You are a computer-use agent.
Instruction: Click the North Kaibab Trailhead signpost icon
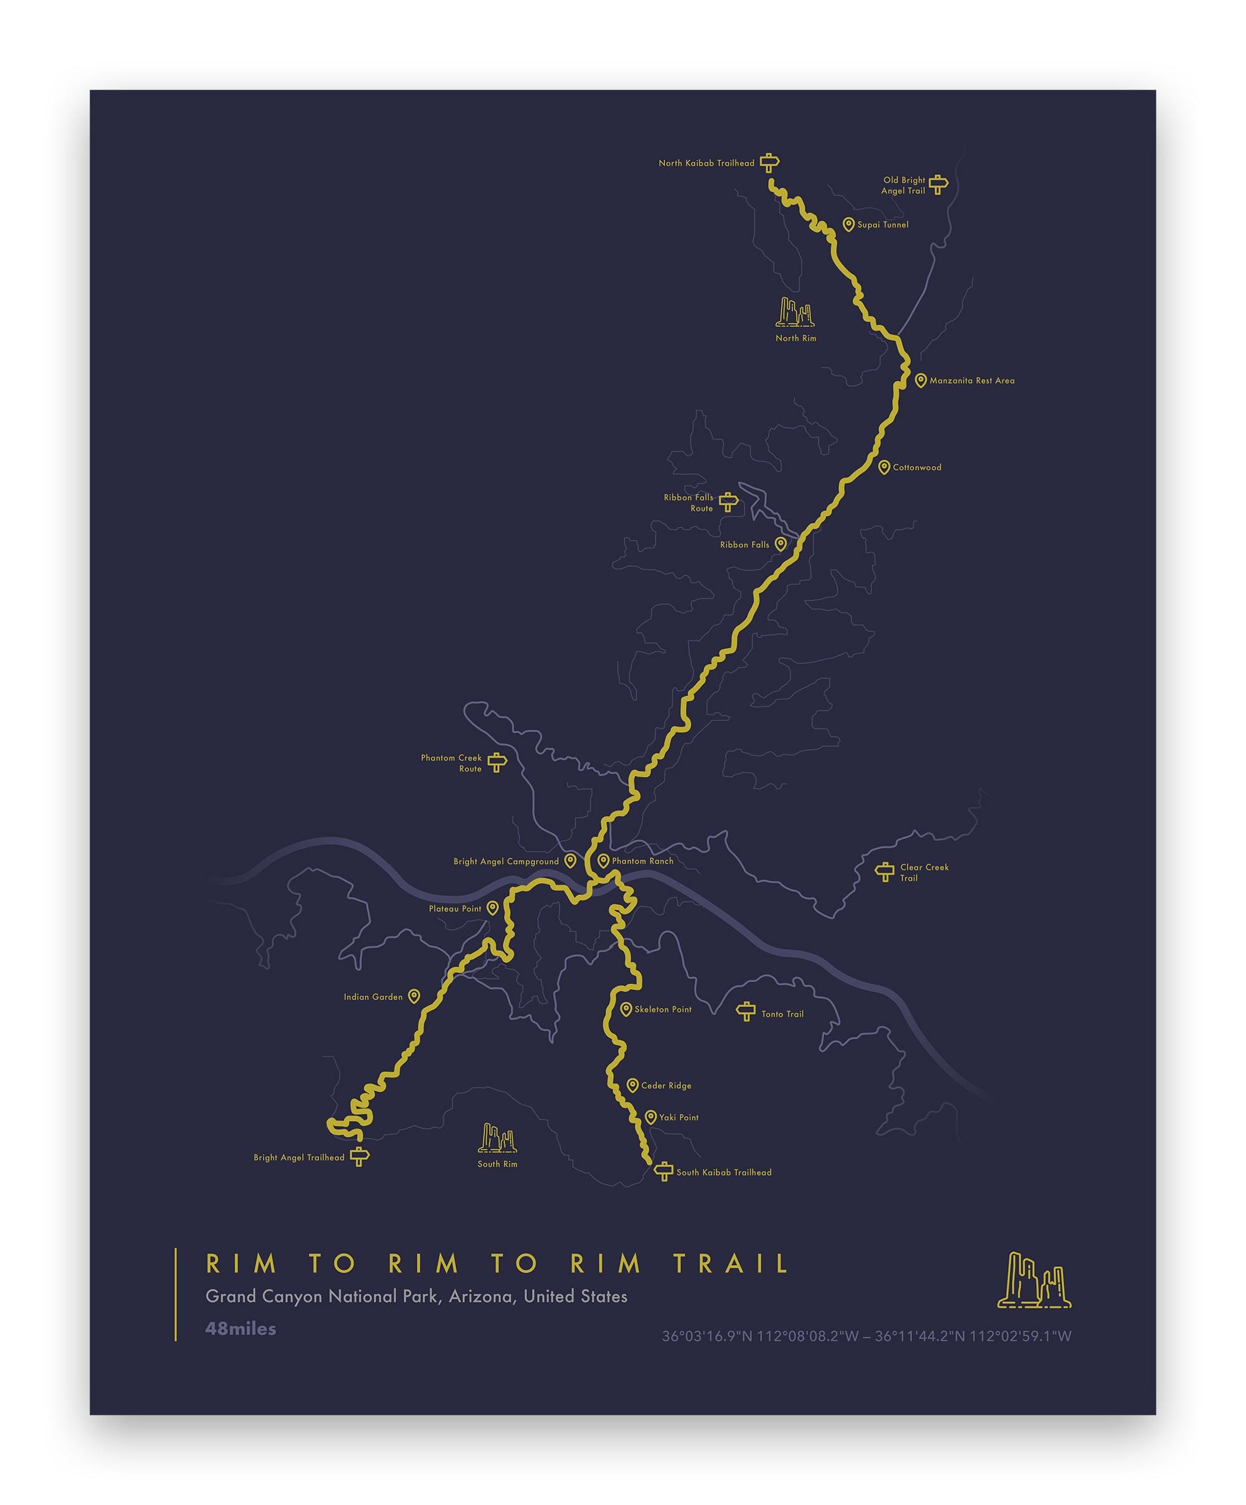(x=769, y=163)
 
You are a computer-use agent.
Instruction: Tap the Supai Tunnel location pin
(x=849, y=225)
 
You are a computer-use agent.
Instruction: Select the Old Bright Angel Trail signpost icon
(x=938, y=185)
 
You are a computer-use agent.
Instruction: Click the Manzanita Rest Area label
(x=972, y=381)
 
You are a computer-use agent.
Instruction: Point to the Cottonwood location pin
(x=884, y=467)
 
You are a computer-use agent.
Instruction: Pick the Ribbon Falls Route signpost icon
(x=728, y=502)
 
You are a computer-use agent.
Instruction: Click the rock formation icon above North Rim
(x=796, y=312)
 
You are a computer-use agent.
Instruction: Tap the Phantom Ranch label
(x=643, y=861)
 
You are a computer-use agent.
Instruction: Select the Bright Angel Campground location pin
(x=570, y=861)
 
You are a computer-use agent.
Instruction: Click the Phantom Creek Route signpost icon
(x=497, y=763)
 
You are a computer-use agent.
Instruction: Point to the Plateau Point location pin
(x=492, y=909)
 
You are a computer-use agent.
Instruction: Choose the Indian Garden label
(x=373, y=997)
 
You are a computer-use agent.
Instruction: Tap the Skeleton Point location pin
(x=626, y=1009)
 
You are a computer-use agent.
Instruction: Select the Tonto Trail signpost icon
(x=746, y=1011)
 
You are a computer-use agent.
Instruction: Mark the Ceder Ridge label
(x=667, y=1086)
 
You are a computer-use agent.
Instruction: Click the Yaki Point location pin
(x=650, y=1117)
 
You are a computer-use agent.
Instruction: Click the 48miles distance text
(x=240, y=1329)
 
